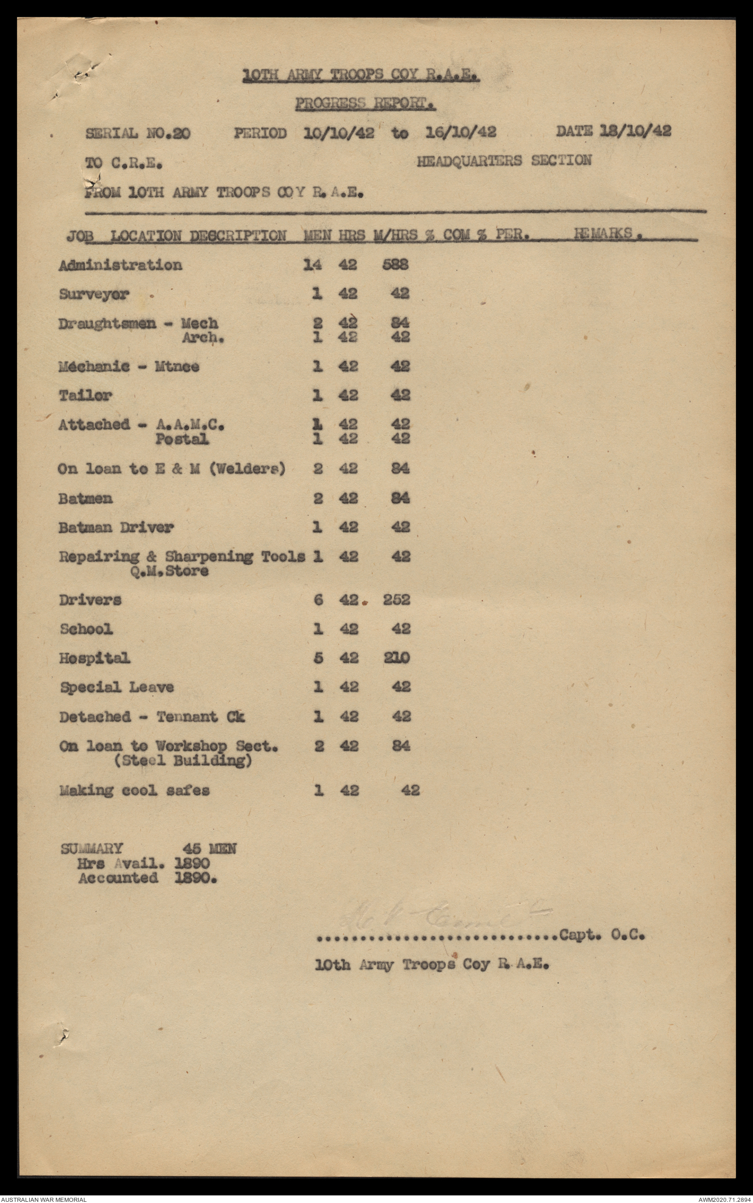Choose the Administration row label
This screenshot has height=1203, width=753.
[120, 265]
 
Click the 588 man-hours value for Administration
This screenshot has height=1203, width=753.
[395, 265]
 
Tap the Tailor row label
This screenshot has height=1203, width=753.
[86, 396]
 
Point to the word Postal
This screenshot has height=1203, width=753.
[182, 440]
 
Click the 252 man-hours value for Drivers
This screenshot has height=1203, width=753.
[396, 600]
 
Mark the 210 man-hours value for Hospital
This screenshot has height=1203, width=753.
[396, 658]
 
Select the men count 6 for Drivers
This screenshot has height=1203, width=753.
[318, 600]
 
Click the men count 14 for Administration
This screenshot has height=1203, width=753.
[312, 265]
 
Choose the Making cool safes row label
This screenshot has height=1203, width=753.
[134, 791]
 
